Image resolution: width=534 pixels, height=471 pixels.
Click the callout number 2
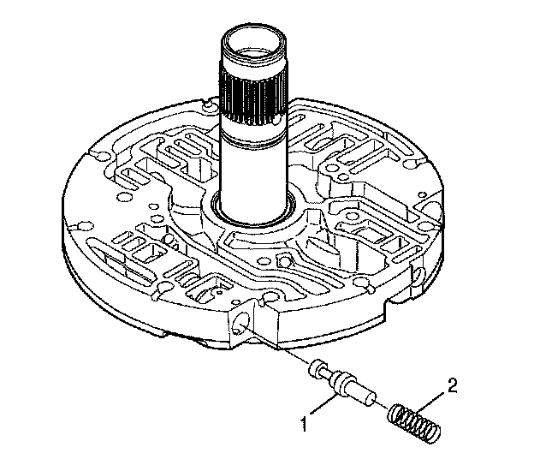coord(453,385)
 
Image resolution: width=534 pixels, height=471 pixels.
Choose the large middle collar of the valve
coord(341,380)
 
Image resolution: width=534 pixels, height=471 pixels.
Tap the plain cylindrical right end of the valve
coord(365,394)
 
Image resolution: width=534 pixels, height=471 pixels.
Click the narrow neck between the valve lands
coord(329,373)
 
